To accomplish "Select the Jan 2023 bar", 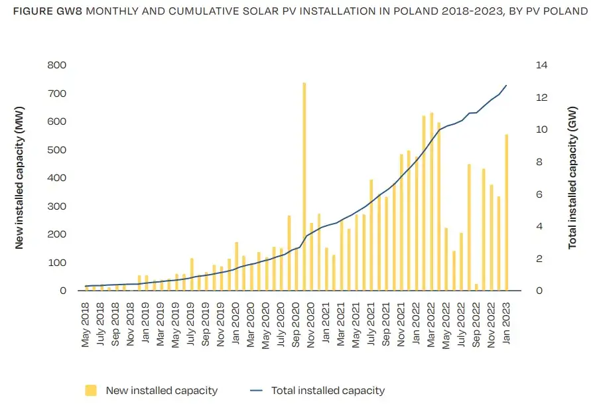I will coord(506,212).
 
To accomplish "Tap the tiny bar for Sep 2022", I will coord(476,287).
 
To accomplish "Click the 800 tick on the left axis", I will coord(57,65).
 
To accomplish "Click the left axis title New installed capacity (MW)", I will coord(19,177).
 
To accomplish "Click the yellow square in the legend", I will coord(91,391).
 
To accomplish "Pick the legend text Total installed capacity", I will coord(328,391).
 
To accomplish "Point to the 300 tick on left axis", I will coord(57,206).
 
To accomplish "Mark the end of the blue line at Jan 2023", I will coord(506,86).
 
